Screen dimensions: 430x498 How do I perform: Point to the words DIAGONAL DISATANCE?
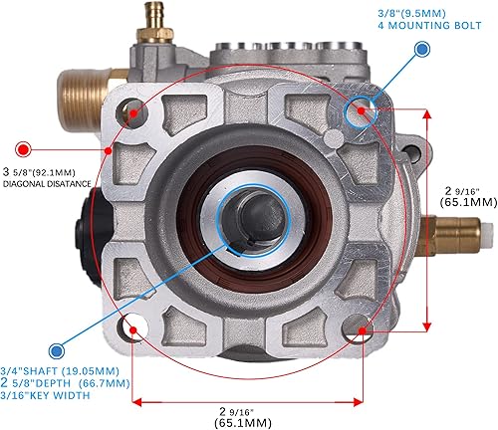(x=49, y=183)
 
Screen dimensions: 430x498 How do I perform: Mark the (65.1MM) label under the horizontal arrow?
(x=246, y=422)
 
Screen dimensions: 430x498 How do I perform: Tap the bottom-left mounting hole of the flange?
(x=134, y=325)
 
